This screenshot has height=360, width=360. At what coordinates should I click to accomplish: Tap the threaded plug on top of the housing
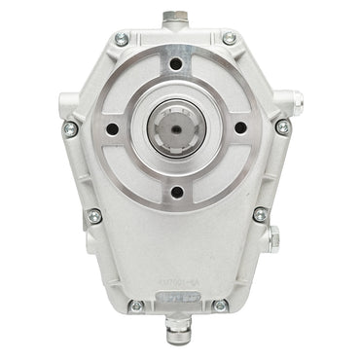pyautogui.click(x=176, y=18)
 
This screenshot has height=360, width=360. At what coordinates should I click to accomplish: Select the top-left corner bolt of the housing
pyautogui.click(x=121, y=39)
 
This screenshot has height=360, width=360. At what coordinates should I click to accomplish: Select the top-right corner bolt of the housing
pyautogui.click(x=230, y=39)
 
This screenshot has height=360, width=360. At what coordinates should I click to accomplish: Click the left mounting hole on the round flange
pyautogui.click(x=113, y=127)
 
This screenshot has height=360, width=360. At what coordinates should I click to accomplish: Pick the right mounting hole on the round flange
pyautogui.click(x=238, y=127)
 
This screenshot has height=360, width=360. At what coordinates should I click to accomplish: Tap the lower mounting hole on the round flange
pyautogui.click(x=176, y=191)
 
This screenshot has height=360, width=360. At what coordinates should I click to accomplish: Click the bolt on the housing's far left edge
pyautogui.click(x=70, y=127)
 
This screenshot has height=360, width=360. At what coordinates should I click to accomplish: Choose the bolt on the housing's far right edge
pyautogui.click(x=282, y=126)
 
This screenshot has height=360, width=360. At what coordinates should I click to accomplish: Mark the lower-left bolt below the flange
pyautogui.click(x=94, y=216)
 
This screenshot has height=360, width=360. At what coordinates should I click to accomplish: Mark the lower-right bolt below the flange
pyautogui.click(x=260, y=215)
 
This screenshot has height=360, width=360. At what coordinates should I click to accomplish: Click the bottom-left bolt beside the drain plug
pyautogui.click(x=136, y=305)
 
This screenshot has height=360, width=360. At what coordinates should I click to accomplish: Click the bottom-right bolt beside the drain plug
pyautogui.click(x=220, y=305)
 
